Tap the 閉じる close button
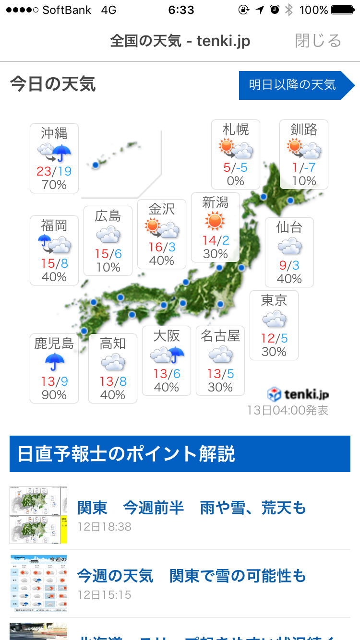(x=318, y=41)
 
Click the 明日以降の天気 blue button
(x=293, y=85)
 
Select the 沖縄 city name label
(x=54, y=132)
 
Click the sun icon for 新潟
(x=215, y=221)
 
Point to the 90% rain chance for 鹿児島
(x=54, y=395)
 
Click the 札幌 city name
(x=236, y=129)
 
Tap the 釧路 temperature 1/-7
(x=304, y=167)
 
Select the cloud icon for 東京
(x=274, y=320)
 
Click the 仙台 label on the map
(x=289, y=227)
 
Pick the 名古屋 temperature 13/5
(x=220, y=373)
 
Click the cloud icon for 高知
(x=113, y=362)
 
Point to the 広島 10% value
(x=108, y=267)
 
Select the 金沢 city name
(x=161, y=209)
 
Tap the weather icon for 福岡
(x=54, y=244)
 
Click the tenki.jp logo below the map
(x=298, y=394)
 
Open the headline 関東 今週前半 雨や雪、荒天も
(x=191, y=508)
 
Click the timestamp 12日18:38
(x=105, y=527)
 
